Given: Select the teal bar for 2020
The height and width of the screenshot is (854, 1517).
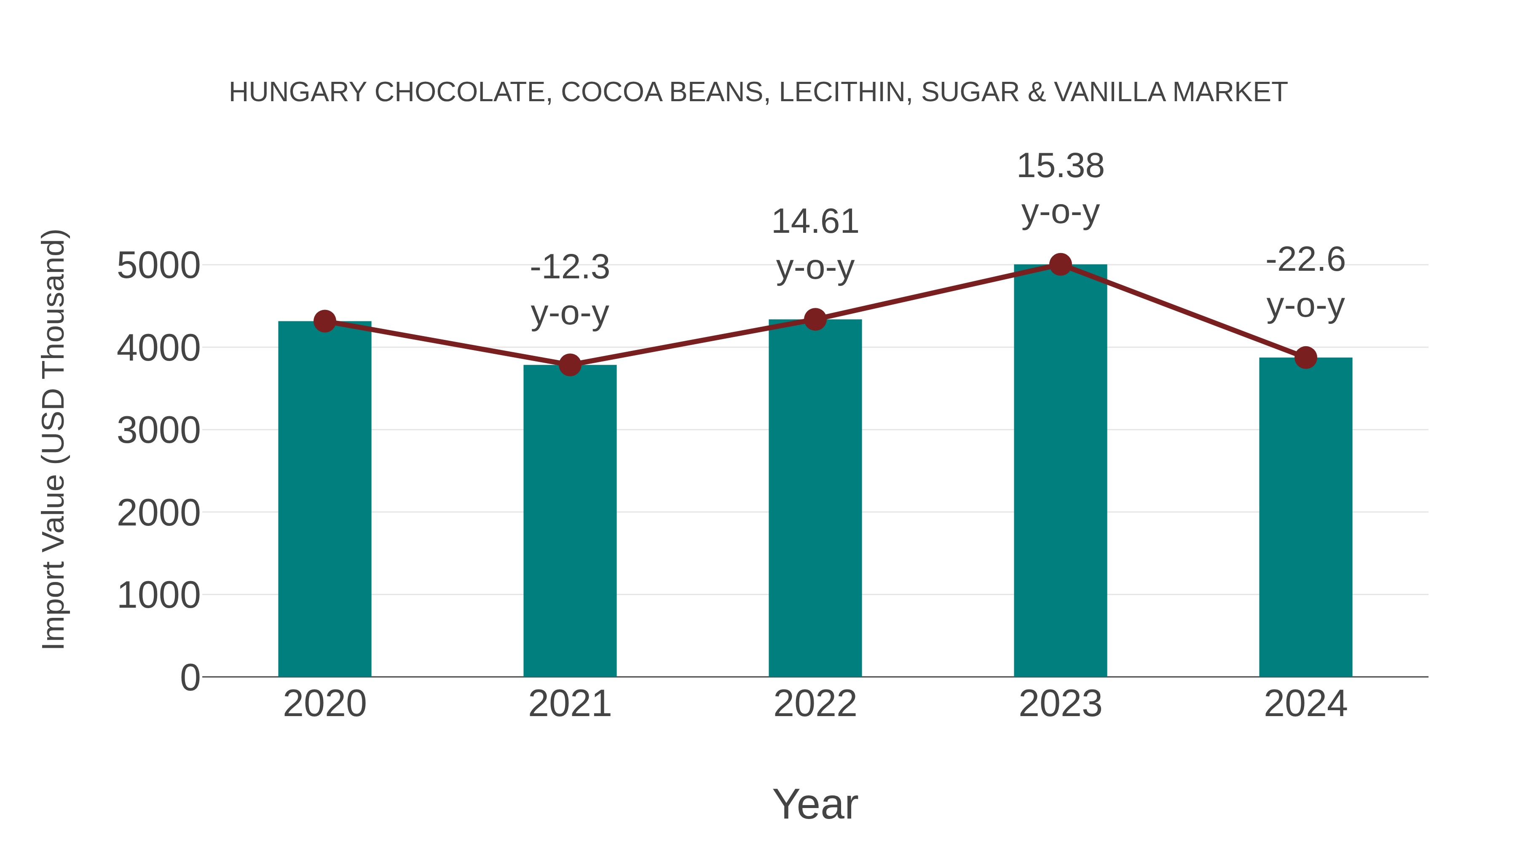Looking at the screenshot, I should pyautogui.click(x=324, y=501).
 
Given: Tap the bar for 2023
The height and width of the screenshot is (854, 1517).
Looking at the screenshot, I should pyautogui.click(x=1060, y=471).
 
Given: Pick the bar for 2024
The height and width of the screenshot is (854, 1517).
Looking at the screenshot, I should pyautogui.click(x=1305, y=519).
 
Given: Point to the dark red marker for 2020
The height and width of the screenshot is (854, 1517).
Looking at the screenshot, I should pyautogui.click(x=324, y=321).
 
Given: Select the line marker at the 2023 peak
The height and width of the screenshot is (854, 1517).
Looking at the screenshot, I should pyautogui.click(x=1060, y=264).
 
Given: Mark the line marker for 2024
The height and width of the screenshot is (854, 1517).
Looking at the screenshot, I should pyautogui.click(x=1305, y=357).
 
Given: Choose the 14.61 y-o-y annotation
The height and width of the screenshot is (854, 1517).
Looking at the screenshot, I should pyautogui.click(x=815, y=245).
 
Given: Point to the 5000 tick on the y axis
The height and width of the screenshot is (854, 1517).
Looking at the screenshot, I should pyautogui.click(x=158, y=266).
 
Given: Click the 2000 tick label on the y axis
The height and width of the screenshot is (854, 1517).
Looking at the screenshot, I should pyautogui.click(x=158, y=513).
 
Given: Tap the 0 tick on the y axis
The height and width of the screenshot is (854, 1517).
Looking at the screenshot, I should pyautogui.click(x=190, y=678).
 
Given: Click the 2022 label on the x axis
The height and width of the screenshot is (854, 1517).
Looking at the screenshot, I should pyautogui.click(x=815, y=704).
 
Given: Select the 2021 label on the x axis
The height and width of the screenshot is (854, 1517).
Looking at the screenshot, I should pyautogui.click(x=569, y=704).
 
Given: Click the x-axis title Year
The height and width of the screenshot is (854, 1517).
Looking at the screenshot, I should pyautogui.click(x=815, y=805).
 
